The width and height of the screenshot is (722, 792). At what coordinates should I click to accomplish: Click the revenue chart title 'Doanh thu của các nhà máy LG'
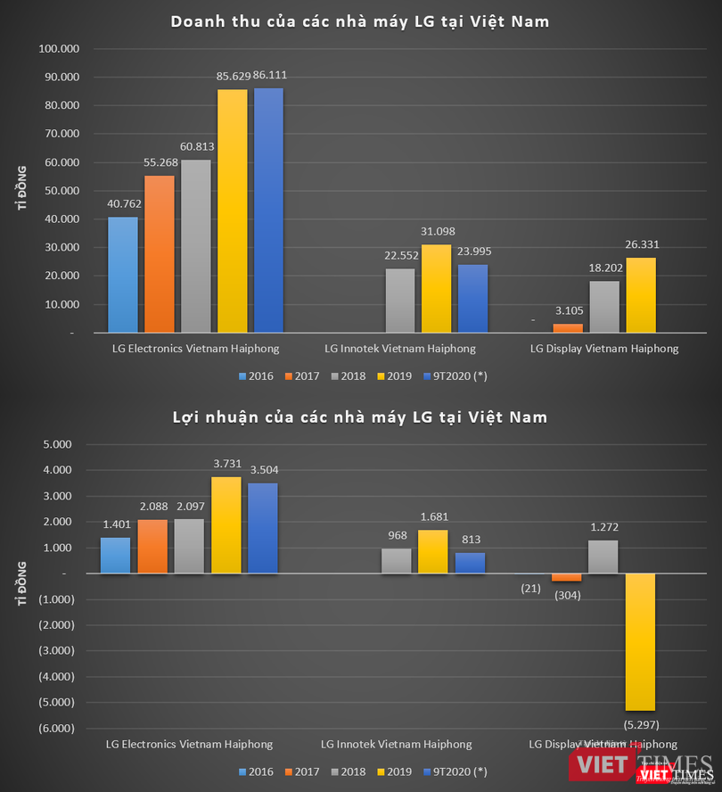pyautogui.click(x=360, y=21)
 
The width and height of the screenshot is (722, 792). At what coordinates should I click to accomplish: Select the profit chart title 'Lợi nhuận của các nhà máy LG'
pyautogui.click(x=360, y=417)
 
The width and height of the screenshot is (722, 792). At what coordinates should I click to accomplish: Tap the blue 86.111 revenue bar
pyautogui.click(x=268, y=210)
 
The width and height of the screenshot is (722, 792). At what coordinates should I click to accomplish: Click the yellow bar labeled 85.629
pyautogui.click(x=232, y=210)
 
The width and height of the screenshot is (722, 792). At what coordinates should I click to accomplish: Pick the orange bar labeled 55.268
pyautogui.click(x=159, y=253)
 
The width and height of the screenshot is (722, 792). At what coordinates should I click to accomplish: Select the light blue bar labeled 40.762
pyautogui.click(x=123, y=274)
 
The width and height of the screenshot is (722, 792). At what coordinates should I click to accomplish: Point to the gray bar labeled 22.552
pyautogui.click(x=400, y=300)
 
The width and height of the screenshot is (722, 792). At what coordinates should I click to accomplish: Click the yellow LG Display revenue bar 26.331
pyautogui.click(x=641, y=294)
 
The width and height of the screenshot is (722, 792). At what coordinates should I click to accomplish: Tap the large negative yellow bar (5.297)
pyautogui.click(x=641, y=641)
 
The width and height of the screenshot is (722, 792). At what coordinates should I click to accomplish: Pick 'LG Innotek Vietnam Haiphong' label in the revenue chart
pyautogui.click(x=399, y=349)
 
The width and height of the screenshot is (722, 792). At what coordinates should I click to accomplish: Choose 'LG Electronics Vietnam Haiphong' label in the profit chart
pyautogui.click(x=189, y=744)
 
